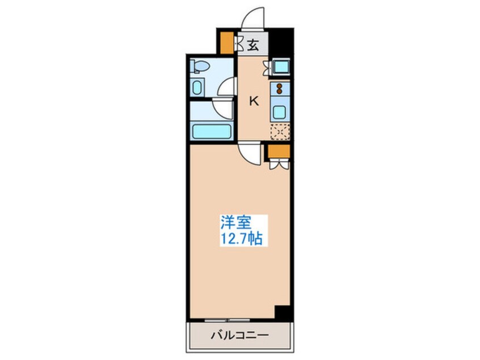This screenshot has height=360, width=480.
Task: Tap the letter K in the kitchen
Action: click(x=255, y=102)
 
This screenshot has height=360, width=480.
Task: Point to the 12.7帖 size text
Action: click(x=241, y=239)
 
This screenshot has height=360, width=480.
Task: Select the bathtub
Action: click(x=212, y=131)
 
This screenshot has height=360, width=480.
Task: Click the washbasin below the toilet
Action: click(x=197, y=88)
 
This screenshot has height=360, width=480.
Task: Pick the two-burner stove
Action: click(x=280, y=89)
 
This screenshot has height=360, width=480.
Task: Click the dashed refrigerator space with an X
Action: click(x=280, y=132)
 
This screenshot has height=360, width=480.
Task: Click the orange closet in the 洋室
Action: click(x=279, y=150)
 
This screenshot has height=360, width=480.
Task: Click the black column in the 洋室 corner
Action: click(x=282, y=312)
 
